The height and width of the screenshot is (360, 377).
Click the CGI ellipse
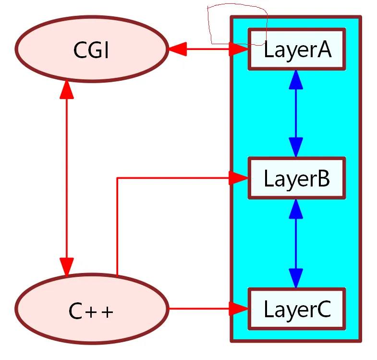tap(91, 49)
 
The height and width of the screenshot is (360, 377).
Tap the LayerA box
tap(296, 50)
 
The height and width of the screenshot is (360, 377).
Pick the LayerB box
tap(296, 178)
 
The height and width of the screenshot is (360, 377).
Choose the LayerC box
tap(296, 309)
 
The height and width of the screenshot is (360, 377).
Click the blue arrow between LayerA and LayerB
tap(296, 113)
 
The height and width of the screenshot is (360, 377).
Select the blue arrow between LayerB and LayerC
tap(296, 243)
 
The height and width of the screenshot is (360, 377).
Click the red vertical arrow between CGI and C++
tap(66, 178)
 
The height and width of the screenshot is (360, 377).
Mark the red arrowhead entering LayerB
tap(238, 178)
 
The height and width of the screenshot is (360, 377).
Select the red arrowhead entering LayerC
tap(238, 309)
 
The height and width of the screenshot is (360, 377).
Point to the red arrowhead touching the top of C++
tap(66, 266)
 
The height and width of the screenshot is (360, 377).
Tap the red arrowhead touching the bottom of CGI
tap(66, 90)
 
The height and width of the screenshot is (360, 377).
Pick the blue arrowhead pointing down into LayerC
tap(296, 278)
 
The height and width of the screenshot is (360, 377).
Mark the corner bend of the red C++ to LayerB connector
tap(118, 178)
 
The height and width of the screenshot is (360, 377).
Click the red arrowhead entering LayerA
tap(238, 49)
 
